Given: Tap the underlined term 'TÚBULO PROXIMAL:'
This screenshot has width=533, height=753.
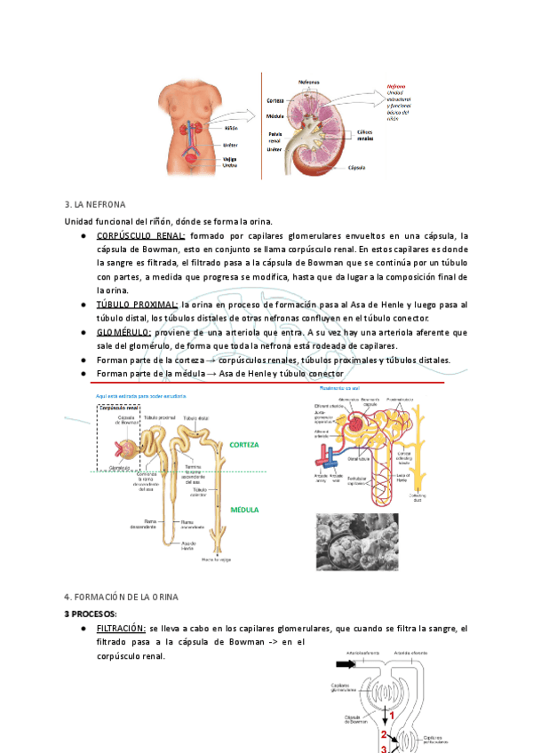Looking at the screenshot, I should [136, 305].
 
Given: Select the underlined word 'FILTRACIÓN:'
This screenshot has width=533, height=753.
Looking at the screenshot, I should [121, 628].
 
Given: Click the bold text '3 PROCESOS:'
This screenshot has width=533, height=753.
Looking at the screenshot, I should [91, 613].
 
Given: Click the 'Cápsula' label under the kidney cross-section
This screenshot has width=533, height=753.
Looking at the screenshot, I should [358, 166].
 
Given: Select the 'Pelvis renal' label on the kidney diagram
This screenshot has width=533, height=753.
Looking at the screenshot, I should [277, 136].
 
